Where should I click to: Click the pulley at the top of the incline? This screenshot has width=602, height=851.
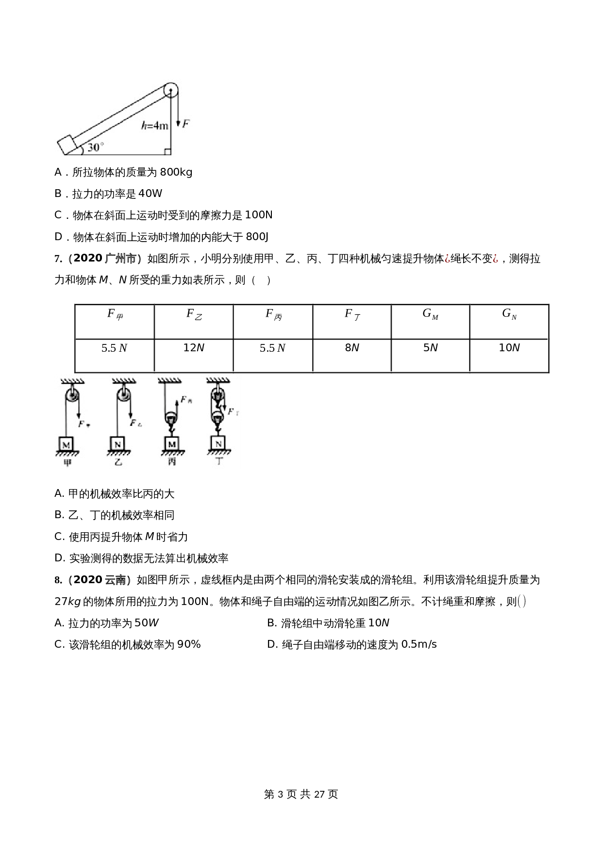coord(171,90)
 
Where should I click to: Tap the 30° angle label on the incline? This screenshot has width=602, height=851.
coord(95,147)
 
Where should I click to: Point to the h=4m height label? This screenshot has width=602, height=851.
coord(155,126)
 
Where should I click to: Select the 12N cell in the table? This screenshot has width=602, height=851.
coord(194,348)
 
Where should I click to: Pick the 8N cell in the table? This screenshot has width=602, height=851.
coord(352,348)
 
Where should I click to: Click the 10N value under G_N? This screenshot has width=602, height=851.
coord(509,348)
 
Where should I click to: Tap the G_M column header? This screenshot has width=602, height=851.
coord(430,314)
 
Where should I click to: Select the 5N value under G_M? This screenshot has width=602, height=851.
coord(431,348)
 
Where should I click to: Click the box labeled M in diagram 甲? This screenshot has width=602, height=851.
coord(67,443)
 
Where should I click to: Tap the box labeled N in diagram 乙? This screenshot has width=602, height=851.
coord(117,443)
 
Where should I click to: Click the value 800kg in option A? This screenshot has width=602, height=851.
coord(176,172)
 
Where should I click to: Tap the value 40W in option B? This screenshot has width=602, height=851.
coord(150,194)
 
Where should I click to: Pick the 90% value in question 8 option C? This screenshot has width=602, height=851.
coord(189,644)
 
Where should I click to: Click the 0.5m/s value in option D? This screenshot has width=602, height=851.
coord(419,644)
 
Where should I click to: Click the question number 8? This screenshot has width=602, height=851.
coord(57,580)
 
